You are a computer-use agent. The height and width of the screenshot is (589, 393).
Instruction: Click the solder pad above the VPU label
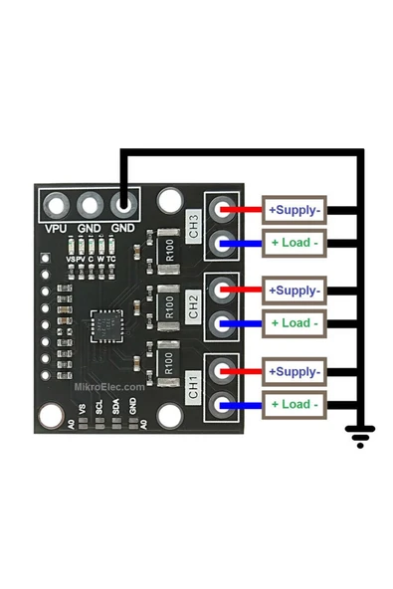tap(57, 206)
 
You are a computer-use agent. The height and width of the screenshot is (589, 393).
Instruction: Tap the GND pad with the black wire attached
tap(122, 206)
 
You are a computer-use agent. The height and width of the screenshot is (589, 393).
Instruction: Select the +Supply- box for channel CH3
tap(294, 210)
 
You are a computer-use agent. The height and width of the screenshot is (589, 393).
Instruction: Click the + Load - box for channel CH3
tap(294, 243)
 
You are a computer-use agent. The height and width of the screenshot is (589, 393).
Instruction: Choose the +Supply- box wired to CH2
tap(294, 291)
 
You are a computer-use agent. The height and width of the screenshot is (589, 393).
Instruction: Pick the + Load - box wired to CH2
tap(294, 323)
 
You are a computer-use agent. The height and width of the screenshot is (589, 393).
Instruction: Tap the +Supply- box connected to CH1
tap(294, 372)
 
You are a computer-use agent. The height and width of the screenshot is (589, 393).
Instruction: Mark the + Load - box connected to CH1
tap(294, 405)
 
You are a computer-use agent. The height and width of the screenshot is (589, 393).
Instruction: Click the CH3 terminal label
tap(194, 224)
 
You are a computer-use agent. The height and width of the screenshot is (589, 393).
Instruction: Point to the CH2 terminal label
tap(194, 306)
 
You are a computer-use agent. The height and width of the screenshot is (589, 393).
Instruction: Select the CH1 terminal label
tap(194, 388)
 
